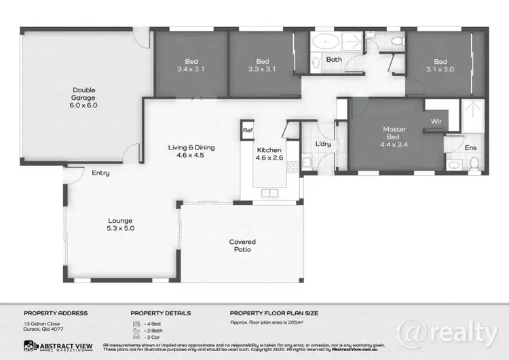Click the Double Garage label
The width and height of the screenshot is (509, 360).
coord(85,97)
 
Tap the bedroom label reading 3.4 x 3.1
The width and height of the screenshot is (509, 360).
coord(191,65)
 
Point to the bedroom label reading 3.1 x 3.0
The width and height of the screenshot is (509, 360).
coord(440,65)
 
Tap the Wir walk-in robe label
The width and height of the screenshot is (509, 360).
coord(435,122)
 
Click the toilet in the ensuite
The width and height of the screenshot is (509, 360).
coord(474,163)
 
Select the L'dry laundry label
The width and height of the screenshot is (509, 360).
coord(323,145)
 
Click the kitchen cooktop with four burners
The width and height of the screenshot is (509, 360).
coord(293,166)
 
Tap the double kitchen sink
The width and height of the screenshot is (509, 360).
coord(270,193)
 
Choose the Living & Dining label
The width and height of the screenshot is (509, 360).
coord(187,151)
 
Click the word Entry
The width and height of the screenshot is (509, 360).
coord(100,173)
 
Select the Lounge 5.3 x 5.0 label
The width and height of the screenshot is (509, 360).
coord(119,225)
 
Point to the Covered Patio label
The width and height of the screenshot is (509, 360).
coord(242,246)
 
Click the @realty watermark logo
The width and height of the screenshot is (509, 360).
coord(456,332)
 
